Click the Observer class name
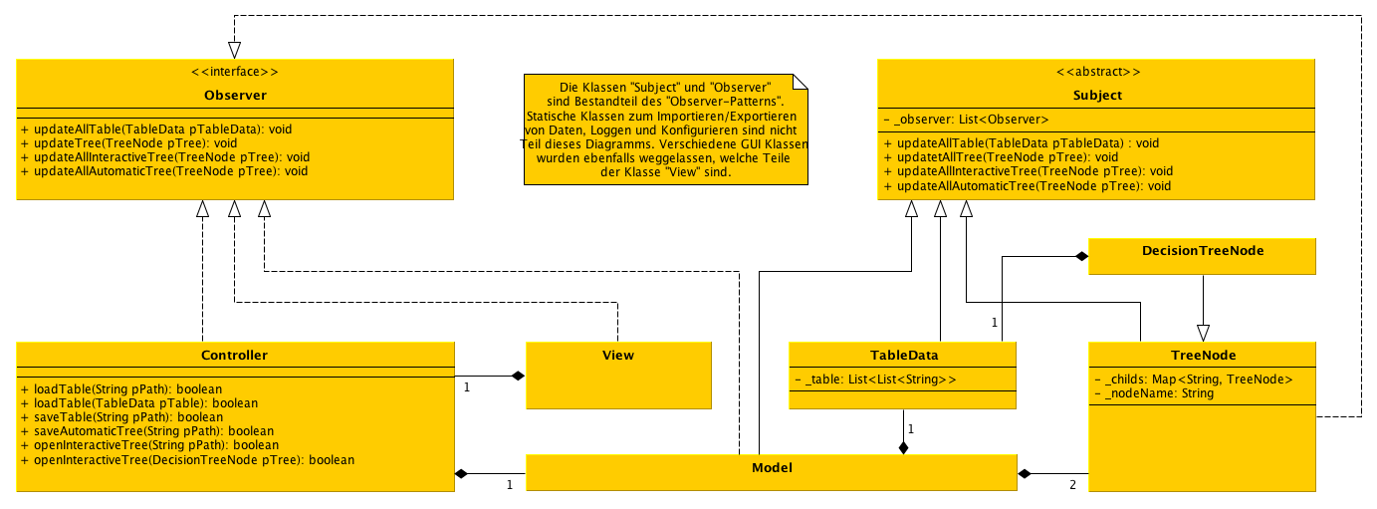(234, 96)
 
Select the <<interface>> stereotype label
(234, 72)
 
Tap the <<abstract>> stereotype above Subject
(1097, 72)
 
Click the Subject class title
(1097, 96)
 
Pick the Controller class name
(234, 356)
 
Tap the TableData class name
(902, 356)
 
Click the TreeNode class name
(1203, 356)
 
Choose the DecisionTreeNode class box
(1203, 256)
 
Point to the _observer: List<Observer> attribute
(966, 120)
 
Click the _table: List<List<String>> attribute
(876, 380)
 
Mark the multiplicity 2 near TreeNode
(1072, 485)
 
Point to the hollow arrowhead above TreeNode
(1203, 333)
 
